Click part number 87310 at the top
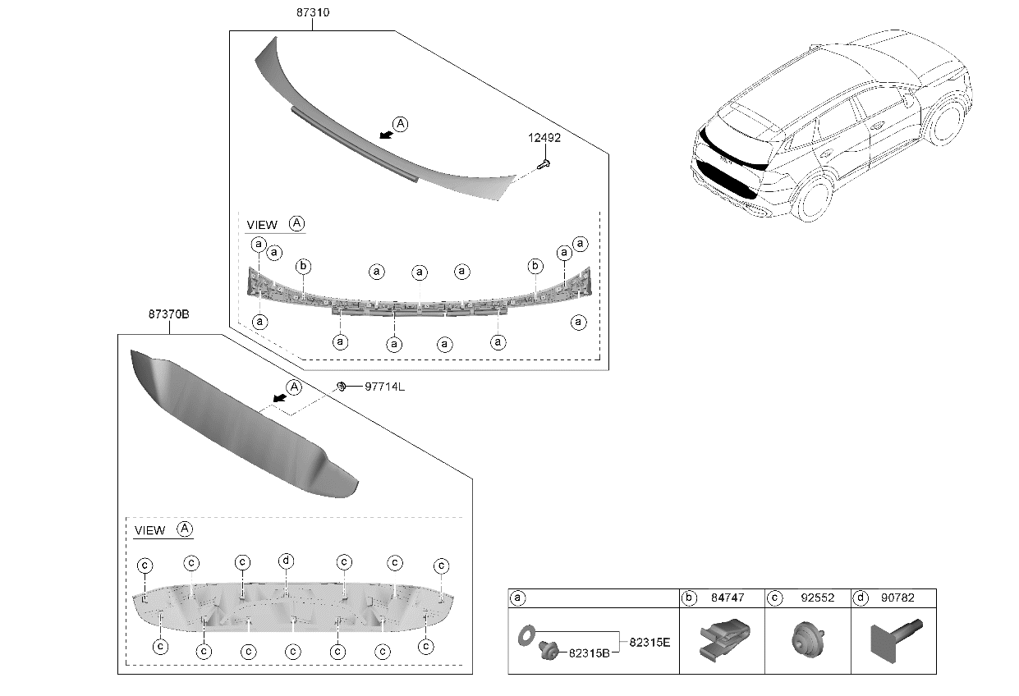point(312,14)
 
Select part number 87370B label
point(169,314)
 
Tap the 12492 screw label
point(544,138)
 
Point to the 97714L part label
point(384,387)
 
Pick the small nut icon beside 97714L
point(339,386)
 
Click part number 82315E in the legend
point(649,642)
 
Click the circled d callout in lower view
point(286,561)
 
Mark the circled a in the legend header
point(517,598)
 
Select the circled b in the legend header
point(689,598)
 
